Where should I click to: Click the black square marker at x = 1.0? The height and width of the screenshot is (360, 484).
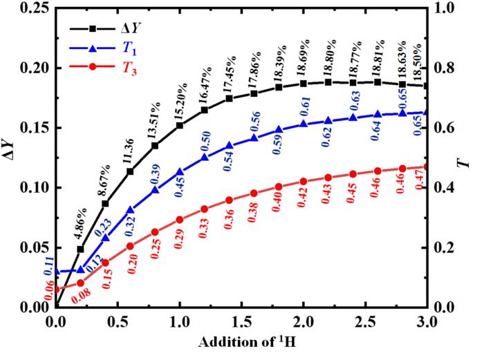(x=180, y=126)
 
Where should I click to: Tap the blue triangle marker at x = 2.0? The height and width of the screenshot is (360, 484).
(x=304, y=124)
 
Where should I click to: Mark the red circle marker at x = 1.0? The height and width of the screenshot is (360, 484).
(x=180, y=220)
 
